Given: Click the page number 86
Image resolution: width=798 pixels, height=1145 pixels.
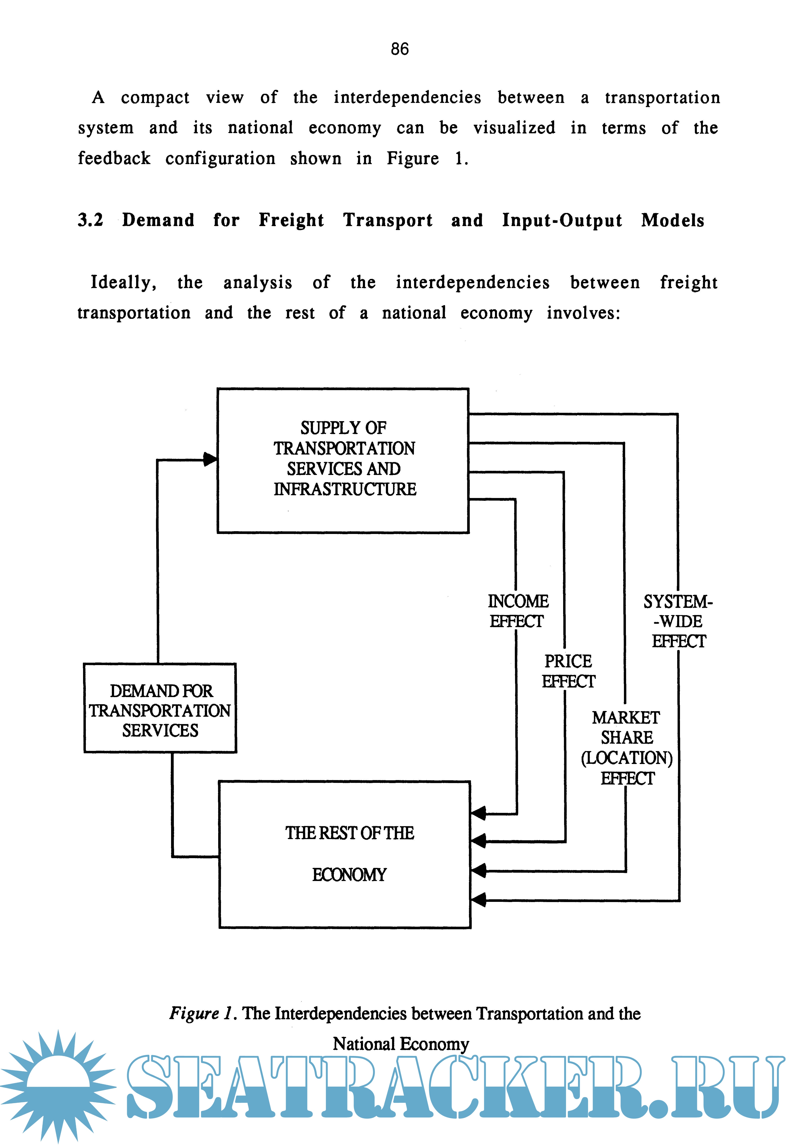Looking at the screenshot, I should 400,49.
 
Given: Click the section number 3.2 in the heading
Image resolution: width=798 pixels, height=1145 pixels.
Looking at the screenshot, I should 90,220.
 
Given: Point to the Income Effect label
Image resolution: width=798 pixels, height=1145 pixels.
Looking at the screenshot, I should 518,611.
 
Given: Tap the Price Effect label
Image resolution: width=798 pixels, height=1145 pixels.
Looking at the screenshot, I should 568,671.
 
